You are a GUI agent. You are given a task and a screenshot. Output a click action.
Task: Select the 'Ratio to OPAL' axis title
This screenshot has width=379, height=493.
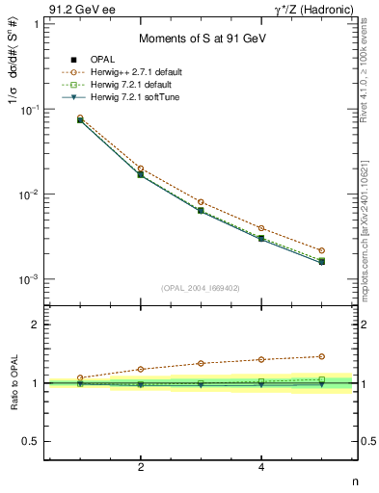(14, 383)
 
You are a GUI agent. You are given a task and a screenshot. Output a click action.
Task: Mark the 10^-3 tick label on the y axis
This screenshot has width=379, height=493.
(28, 279)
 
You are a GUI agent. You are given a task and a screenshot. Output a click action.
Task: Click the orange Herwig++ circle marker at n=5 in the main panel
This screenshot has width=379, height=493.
(321, 250)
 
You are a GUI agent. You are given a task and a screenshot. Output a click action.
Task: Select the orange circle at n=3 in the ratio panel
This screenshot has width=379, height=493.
(201, 363)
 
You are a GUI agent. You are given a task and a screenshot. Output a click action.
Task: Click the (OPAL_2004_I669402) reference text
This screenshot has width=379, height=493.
(200, 287)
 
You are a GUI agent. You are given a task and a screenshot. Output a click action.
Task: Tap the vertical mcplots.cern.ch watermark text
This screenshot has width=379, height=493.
(371, 221)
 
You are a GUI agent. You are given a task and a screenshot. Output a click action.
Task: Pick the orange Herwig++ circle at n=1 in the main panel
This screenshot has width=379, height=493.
(80, 117)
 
